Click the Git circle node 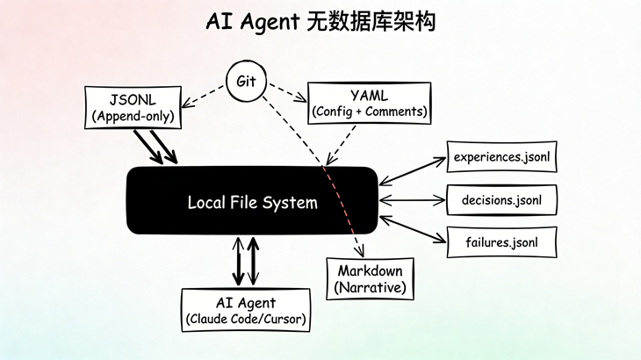(x=244, y=82)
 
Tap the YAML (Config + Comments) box (x=369, y=102)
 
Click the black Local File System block (x=252, y=203)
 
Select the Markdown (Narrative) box (x=369, y=277)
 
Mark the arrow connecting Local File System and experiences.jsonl (x=413, y=171)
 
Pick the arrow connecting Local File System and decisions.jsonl (x=413, y=200)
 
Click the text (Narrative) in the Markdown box (x=369, y=287)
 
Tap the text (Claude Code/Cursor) (x=246, y=320)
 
